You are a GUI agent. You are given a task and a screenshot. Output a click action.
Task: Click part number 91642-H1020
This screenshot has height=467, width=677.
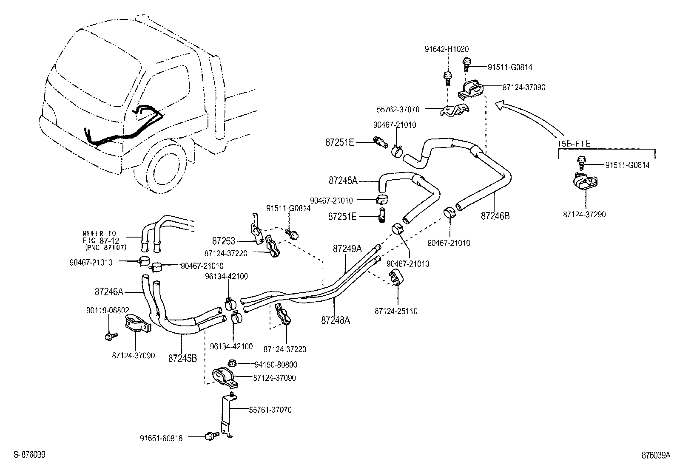pyautogui.click(x=447, y=49)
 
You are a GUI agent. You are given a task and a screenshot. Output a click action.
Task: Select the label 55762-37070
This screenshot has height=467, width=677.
pyautogui.click(x=398, y=110)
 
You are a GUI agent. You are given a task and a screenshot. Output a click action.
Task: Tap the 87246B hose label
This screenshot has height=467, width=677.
pyautogui.click(x=495, y=216)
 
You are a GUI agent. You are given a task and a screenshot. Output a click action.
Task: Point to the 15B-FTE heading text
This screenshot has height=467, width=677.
pyautogui.click(x=574, y=144)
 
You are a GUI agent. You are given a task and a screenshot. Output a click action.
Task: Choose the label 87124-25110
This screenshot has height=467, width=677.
pyautogui.click(x=396, y=311)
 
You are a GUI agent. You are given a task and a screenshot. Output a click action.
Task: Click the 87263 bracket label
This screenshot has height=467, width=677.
pyautogui.click(x=224, y=241)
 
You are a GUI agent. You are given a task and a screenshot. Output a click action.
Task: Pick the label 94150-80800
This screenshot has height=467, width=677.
pyautogui.click(x=276, y=365)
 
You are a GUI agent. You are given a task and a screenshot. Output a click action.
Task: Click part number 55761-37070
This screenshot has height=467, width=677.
pyautogui.click(x=270, y=410)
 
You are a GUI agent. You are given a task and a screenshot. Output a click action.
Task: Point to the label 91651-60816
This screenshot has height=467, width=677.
pyautogui.click(x=161, y=438)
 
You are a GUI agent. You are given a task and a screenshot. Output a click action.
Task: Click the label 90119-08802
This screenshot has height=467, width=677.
pyautogui.click(x=108, y=311)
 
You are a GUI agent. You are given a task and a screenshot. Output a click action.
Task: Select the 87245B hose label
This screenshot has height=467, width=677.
pyautogui.click(x=182, y=358)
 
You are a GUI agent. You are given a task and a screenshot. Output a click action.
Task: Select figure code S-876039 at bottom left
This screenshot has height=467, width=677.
pyautogui.click(x=29, y=455)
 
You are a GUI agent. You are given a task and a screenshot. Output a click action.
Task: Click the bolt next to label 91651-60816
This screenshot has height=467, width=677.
pyautogui.click(x=211, y=435)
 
